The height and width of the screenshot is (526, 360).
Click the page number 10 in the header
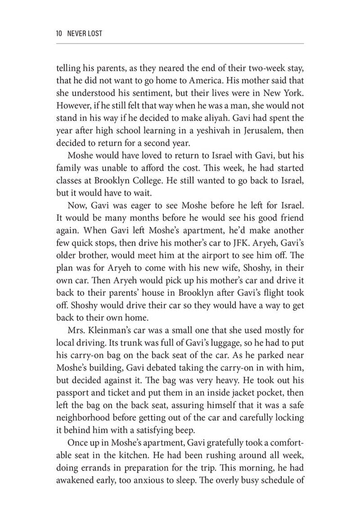click(x=60, y=33)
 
